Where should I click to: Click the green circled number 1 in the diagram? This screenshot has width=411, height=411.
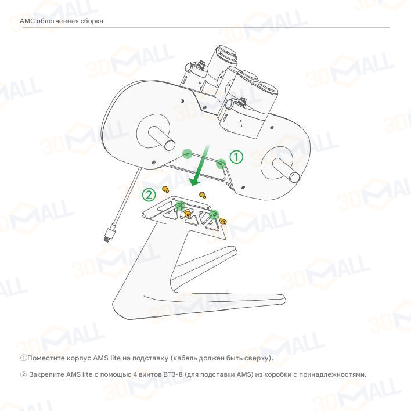point(236,157)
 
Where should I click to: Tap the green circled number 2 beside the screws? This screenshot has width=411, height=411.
point(149,195)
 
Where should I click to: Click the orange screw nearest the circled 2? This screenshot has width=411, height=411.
point(165,189)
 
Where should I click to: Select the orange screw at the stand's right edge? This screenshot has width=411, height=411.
point(223,221)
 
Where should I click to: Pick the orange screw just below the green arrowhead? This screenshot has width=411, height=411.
point(203,195)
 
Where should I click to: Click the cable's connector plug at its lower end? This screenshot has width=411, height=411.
point(109,233)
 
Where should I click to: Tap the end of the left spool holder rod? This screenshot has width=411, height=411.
point(170,145)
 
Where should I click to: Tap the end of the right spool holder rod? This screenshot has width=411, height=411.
point(295,178)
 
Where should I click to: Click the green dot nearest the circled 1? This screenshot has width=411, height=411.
point(221,164)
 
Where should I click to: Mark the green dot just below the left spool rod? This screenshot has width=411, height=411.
point(187,154)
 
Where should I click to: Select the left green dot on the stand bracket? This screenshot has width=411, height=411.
point(180,205)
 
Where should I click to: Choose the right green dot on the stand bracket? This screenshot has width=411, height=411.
point(214,215)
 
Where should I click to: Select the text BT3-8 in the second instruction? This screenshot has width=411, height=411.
point(173,374)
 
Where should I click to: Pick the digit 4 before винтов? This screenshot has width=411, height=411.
point(135,374)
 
